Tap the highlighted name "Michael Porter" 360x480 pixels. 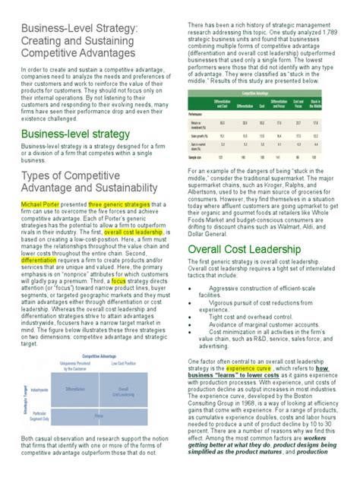point(38,205)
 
